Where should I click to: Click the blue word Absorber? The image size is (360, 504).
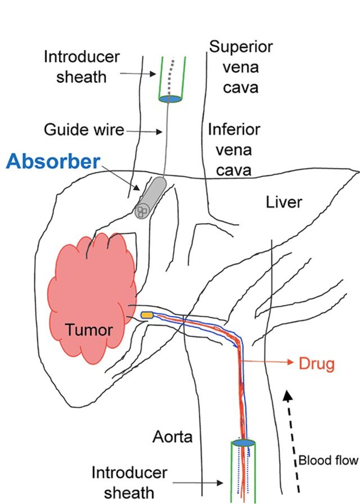click(53, 161)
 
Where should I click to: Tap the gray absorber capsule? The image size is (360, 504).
click(150, 198)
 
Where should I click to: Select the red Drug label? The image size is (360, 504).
click(317, 364)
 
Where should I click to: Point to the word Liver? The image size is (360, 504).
click(284, 202)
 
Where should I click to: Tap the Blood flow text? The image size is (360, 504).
click(328, 460)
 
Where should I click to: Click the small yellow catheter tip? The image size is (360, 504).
click(147, 315)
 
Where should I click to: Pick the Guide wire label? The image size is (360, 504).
click(84, 130)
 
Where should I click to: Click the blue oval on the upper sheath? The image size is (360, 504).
click(170, 99)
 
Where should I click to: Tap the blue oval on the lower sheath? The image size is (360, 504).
click(244, 443)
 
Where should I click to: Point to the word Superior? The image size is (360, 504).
click(241, 47)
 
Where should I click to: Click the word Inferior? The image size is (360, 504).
click(234, 130)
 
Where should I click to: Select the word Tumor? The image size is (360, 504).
click(89, 330)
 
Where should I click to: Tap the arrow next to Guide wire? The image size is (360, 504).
click(144, 131)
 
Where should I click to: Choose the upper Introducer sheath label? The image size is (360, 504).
click(82, 67)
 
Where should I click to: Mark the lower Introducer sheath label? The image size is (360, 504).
click(129, 482)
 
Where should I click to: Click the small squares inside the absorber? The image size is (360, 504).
click(142, 211)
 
